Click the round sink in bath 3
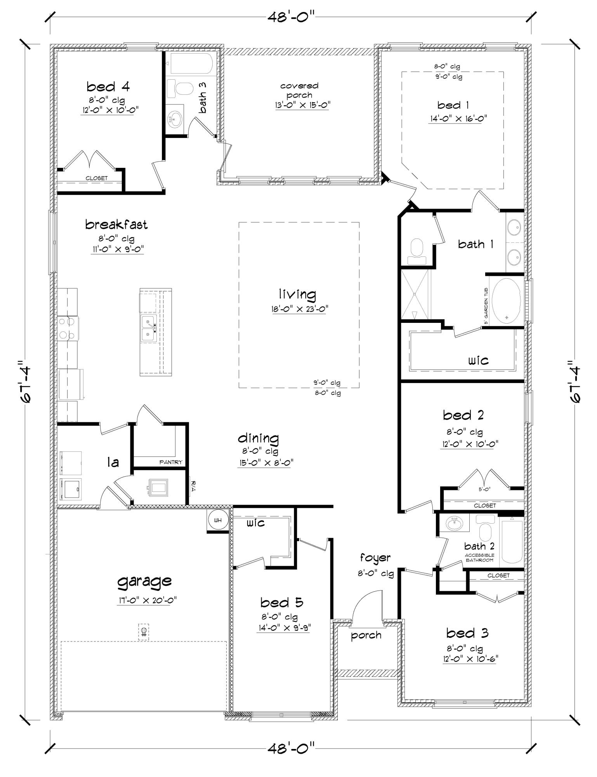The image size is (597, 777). click(175, 119)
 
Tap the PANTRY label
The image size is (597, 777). click(171, 462)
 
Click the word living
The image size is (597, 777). click(298, 294)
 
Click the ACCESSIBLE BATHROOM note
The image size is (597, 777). click(479, 557)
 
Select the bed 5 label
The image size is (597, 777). click(281, 603)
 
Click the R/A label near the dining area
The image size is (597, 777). click(193, 486)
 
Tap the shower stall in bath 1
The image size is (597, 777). click(415, 294)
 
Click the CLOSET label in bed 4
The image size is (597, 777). click(96, 178)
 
